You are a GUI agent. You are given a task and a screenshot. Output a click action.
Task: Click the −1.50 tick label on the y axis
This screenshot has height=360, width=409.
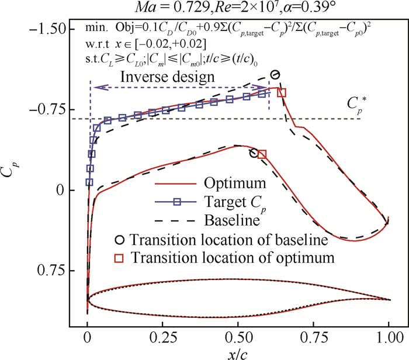(46, 29)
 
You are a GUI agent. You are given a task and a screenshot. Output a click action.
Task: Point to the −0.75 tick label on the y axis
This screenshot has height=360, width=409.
(46, 109)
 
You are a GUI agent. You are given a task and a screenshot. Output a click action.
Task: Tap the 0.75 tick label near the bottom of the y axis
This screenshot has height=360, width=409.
(51, 271)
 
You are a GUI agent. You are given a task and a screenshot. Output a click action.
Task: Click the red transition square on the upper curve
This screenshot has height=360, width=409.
(282, 92)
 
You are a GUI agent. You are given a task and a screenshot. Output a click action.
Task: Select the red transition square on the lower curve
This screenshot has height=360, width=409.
(262, 154)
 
